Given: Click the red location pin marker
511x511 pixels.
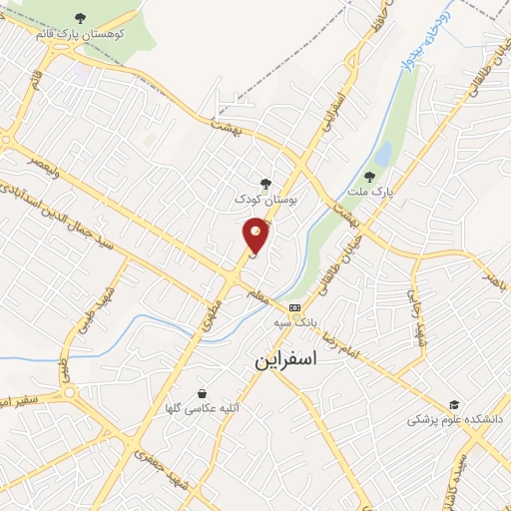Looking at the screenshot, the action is point(256,235).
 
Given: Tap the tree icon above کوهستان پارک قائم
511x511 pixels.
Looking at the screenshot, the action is point(81,18).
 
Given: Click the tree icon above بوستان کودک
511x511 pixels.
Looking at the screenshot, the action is point(264,183).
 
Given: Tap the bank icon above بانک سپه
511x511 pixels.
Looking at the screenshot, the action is point(294,307).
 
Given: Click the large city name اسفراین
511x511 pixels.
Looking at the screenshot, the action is point(285,361).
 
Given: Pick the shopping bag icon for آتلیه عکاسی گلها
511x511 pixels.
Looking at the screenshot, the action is point(203,393).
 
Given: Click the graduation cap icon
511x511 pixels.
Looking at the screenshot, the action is point(454,404).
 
